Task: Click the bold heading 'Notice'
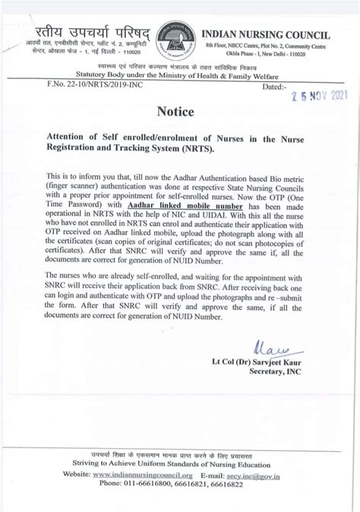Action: point(175,112)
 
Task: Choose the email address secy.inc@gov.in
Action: point(263,474)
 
